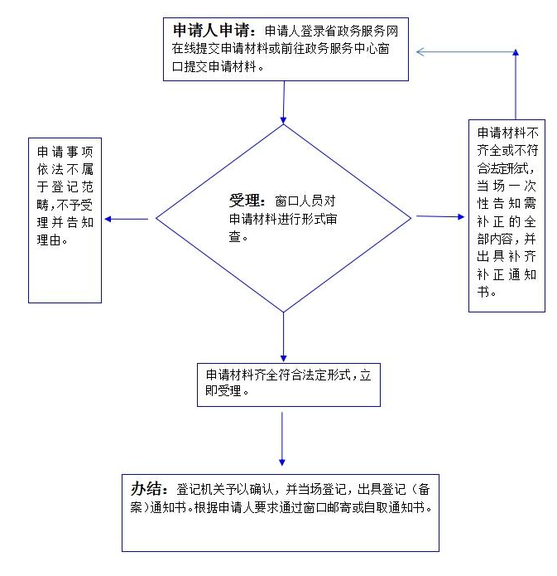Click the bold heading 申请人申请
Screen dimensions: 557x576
[211, 31]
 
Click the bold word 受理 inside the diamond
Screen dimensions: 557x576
[244, 201]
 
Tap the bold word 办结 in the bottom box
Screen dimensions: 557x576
[146, 489]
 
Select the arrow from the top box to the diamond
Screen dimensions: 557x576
[284, 103]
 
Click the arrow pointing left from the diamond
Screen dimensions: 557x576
[127, 220]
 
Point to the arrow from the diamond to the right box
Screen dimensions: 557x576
[440, 217]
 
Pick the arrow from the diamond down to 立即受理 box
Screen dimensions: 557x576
[283, 337]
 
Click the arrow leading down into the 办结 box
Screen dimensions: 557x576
[281, 439]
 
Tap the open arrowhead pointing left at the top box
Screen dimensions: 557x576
[420, 51]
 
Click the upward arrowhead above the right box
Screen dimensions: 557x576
[516, 52]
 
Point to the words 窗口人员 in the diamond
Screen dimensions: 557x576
[305, 201]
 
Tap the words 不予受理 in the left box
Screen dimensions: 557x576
[74, 205]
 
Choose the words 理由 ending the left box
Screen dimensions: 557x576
[49, 240]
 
